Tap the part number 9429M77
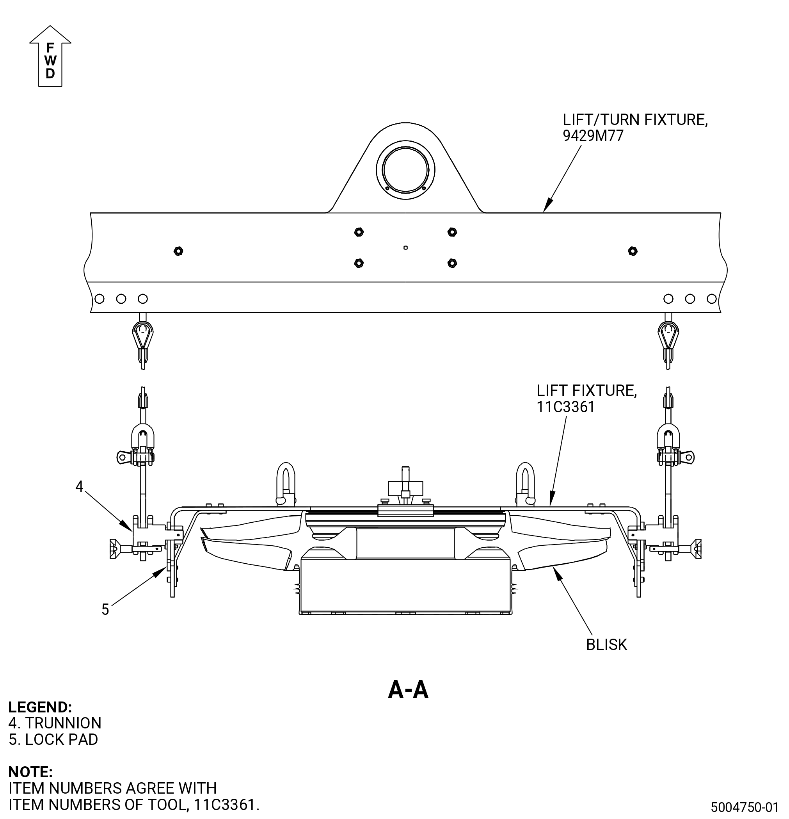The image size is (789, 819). (593, 136)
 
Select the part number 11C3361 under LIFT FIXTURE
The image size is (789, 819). (565, 407)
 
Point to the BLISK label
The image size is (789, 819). (606, 645)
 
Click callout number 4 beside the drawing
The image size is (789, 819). (79, 486)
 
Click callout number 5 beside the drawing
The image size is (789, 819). (105, 609)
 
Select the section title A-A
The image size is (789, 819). (408, 689)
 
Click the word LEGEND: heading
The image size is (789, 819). (40, 707)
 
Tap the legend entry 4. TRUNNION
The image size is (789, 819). (55, 723)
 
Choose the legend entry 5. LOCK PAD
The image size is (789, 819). (53, 739)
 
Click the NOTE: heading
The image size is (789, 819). (30, 772)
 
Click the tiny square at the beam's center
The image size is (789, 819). (405, 248)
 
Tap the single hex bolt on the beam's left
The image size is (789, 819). (178, 251)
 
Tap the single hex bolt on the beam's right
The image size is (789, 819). (633, 251)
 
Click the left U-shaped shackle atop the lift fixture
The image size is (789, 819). (286, 483)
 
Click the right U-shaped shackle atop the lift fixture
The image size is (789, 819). (526, 483)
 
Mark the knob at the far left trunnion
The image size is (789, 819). (114, 548)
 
